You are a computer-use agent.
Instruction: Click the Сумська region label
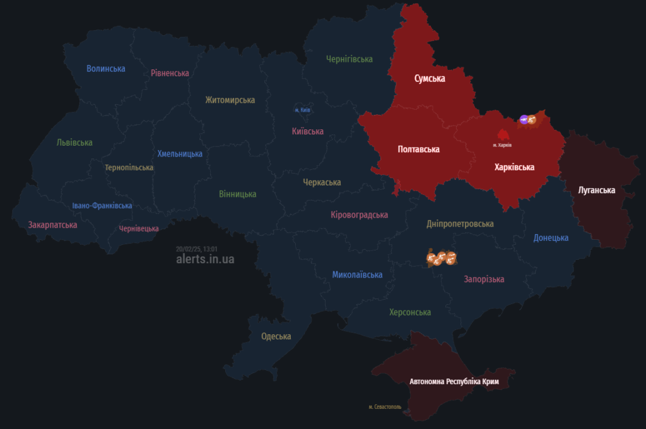tap(429, 79)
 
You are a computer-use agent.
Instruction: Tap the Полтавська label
tap(418, 150)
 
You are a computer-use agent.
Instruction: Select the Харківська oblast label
tap(514, 167)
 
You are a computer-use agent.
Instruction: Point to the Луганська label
tap(596, 190)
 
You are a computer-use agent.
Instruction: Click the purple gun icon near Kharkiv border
tap(524, 119)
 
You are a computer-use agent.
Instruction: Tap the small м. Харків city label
tap(502, 145)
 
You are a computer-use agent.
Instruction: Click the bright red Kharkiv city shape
tap(503, 134)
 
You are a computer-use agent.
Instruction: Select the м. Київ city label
tap(302, 110)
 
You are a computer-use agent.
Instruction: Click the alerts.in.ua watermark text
tap(205, 259)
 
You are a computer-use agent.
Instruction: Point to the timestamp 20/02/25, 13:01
tap(197, 249)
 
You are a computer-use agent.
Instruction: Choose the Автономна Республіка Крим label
tap(454, 382)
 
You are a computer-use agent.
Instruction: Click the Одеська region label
tap(276, 336)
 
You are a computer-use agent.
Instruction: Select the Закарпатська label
tap(52, 225)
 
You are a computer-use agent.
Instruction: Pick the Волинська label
tap(106, 69)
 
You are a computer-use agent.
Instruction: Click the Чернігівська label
tap(349, 59)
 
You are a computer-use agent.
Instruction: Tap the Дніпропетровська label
tap(460, 224)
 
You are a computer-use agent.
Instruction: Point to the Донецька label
tap(551, 238)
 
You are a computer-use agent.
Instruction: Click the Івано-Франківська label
tap(102, 206)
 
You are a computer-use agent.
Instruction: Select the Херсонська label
tap(410, 312)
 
